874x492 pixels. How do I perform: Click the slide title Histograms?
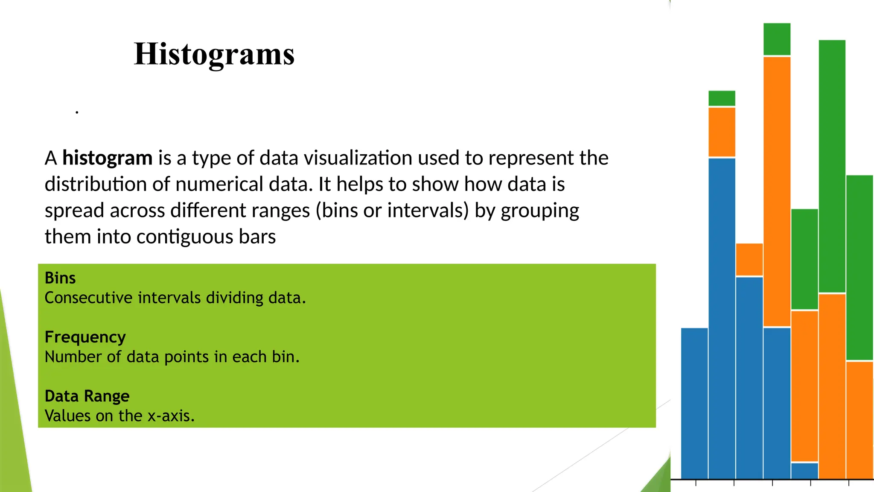(x=214, y=54)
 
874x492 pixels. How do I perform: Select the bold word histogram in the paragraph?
(x=107, y=158)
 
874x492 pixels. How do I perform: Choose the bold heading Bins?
(x=60, y=278)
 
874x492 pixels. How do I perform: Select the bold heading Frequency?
(x=85, y=337)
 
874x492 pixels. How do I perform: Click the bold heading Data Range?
(x=87, y=396)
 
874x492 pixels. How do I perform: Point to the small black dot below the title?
(x=77, y=112)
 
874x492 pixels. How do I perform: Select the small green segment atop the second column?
(x=722, y=98)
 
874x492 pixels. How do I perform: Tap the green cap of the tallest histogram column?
(x=777, y=39)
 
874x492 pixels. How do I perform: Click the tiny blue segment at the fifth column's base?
(x=804, y=471)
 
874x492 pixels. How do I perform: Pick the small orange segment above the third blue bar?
(x=749, y=259)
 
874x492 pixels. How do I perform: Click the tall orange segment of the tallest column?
(x=777, y=191)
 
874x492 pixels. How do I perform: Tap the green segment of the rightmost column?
(x=859, y=267)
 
